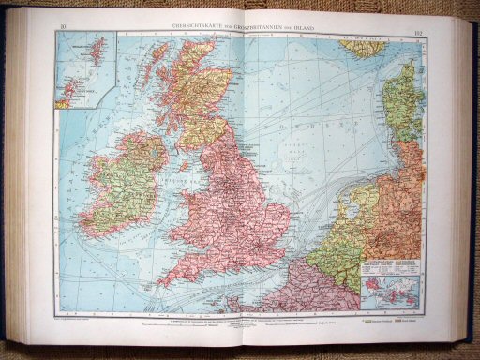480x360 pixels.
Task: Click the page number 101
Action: tap(64, 27)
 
